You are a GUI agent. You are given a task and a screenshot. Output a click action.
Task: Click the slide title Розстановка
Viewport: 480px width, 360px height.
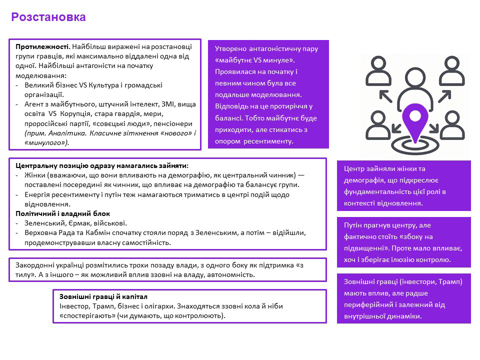point(48,17)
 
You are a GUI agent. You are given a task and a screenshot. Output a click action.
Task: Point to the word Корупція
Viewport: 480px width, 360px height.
point(77,113)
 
